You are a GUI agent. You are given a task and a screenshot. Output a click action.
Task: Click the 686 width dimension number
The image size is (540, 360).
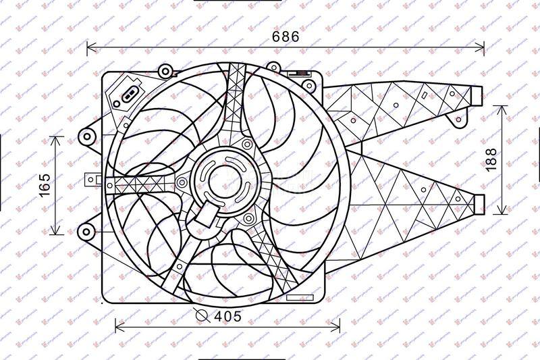(286, 37)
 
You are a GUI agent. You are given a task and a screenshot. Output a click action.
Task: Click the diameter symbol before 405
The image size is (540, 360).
(200, 315)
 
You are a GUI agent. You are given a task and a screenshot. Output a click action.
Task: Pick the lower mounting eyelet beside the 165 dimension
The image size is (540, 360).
(86, 232)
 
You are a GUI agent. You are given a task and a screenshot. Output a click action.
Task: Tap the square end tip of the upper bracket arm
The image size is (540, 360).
(479, 97)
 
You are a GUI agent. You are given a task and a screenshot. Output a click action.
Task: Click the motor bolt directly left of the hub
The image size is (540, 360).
(182, 182)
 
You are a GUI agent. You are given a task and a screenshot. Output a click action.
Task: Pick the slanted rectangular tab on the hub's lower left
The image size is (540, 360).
(208, 217)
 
